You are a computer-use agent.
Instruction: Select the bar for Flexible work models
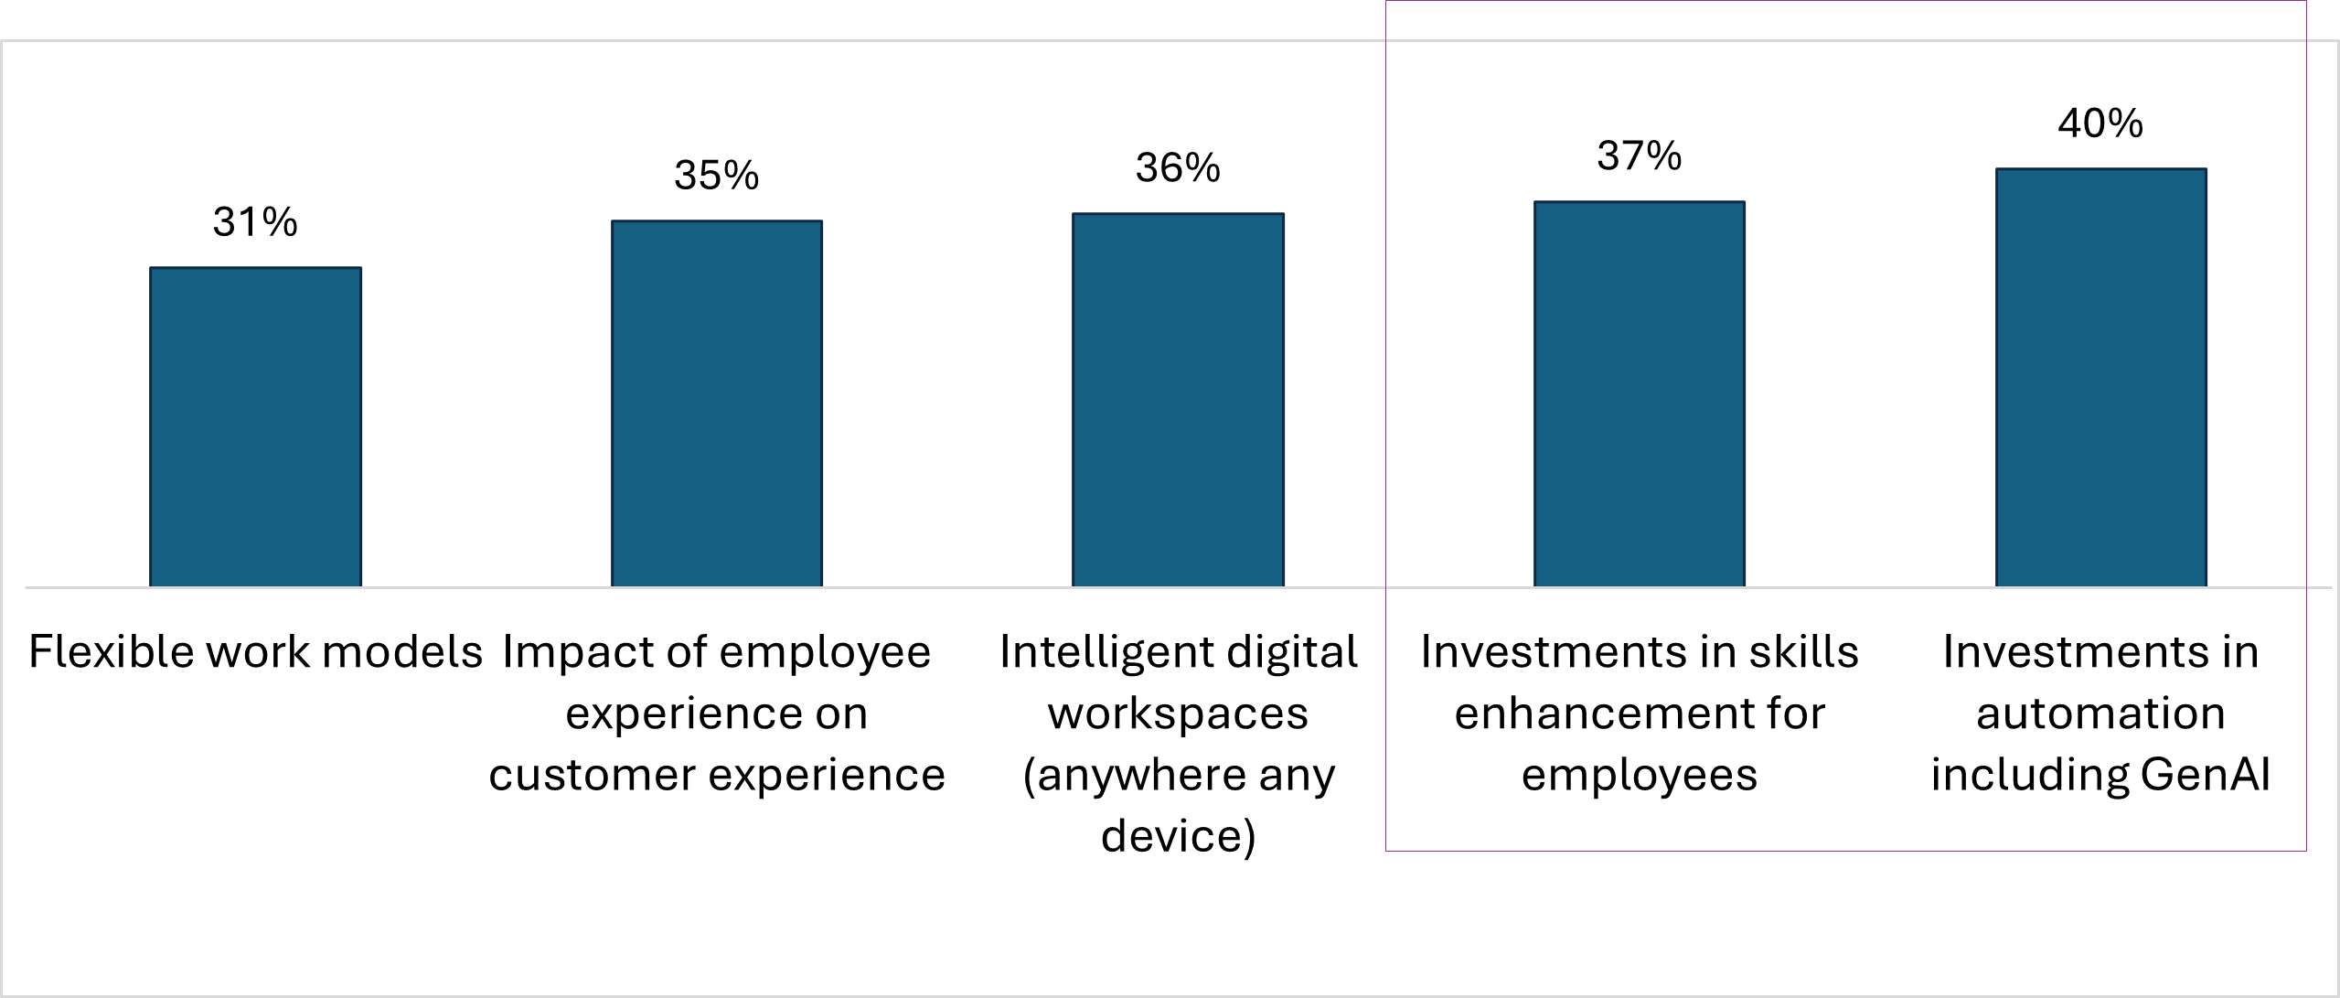tap(255, 426)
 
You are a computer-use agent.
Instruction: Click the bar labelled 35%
tap(716, 402)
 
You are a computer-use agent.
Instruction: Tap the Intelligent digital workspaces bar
tap(1178, 399)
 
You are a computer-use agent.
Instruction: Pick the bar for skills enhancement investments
tap(1639, 393)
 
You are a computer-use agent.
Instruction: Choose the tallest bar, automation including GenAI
tap(2100, 377)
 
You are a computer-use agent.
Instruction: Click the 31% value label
tap(255, 222)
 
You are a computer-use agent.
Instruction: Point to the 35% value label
tap(716, 176)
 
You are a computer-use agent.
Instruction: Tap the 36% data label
tap(1178, 168)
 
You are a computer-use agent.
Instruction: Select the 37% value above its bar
tap(1639, 156)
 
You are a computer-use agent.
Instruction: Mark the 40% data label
tap(2100, 123)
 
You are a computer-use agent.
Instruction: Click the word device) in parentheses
tap(1178, 836)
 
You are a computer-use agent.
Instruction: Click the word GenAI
tap(2204, 775)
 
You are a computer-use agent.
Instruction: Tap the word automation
tap(2100, 714)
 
